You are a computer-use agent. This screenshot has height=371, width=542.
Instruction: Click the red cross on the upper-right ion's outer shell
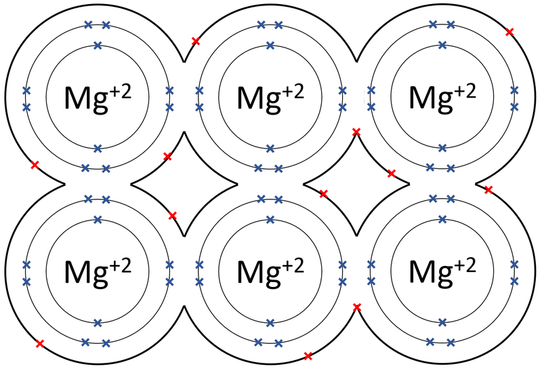tap(509, 32)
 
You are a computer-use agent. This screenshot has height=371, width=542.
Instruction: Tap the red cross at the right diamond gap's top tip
tap(356, 132)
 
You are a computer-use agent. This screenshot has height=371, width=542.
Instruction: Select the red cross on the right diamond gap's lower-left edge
tap(323, 194)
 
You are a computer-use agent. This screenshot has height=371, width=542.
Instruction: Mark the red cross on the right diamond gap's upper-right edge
tap(392, 174)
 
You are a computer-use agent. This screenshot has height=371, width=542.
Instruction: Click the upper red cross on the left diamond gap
tap(167, 157)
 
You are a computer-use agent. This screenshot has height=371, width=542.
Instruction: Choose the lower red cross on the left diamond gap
tap(172, 216)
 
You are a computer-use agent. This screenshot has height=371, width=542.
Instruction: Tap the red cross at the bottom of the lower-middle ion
tap(308, 356)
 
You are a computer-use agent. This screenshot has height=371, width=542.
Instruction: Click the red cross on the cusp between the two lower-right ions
tap(357, 307)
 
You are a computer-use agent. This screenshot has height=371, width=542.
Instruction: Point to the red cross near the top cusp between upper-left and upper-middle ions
tap(196, 41)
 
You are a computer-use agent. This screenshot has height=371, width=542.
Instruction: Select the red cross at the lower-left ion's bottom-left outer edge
tap(40, 344)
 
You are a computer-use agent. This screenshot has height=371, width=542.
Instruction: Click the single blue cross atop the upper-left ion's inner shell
tap(98, 45)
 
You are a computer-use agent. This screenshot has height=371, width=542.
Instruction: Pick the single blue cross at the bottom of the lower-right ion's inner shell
tap(442, 323)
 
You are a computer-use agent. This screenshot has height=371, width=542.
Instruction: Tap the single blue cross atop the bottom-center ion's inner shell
tap(270, 220)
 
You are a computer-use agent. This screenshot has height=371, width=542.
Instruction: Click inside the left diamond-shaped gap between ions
tap(184, 184)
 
